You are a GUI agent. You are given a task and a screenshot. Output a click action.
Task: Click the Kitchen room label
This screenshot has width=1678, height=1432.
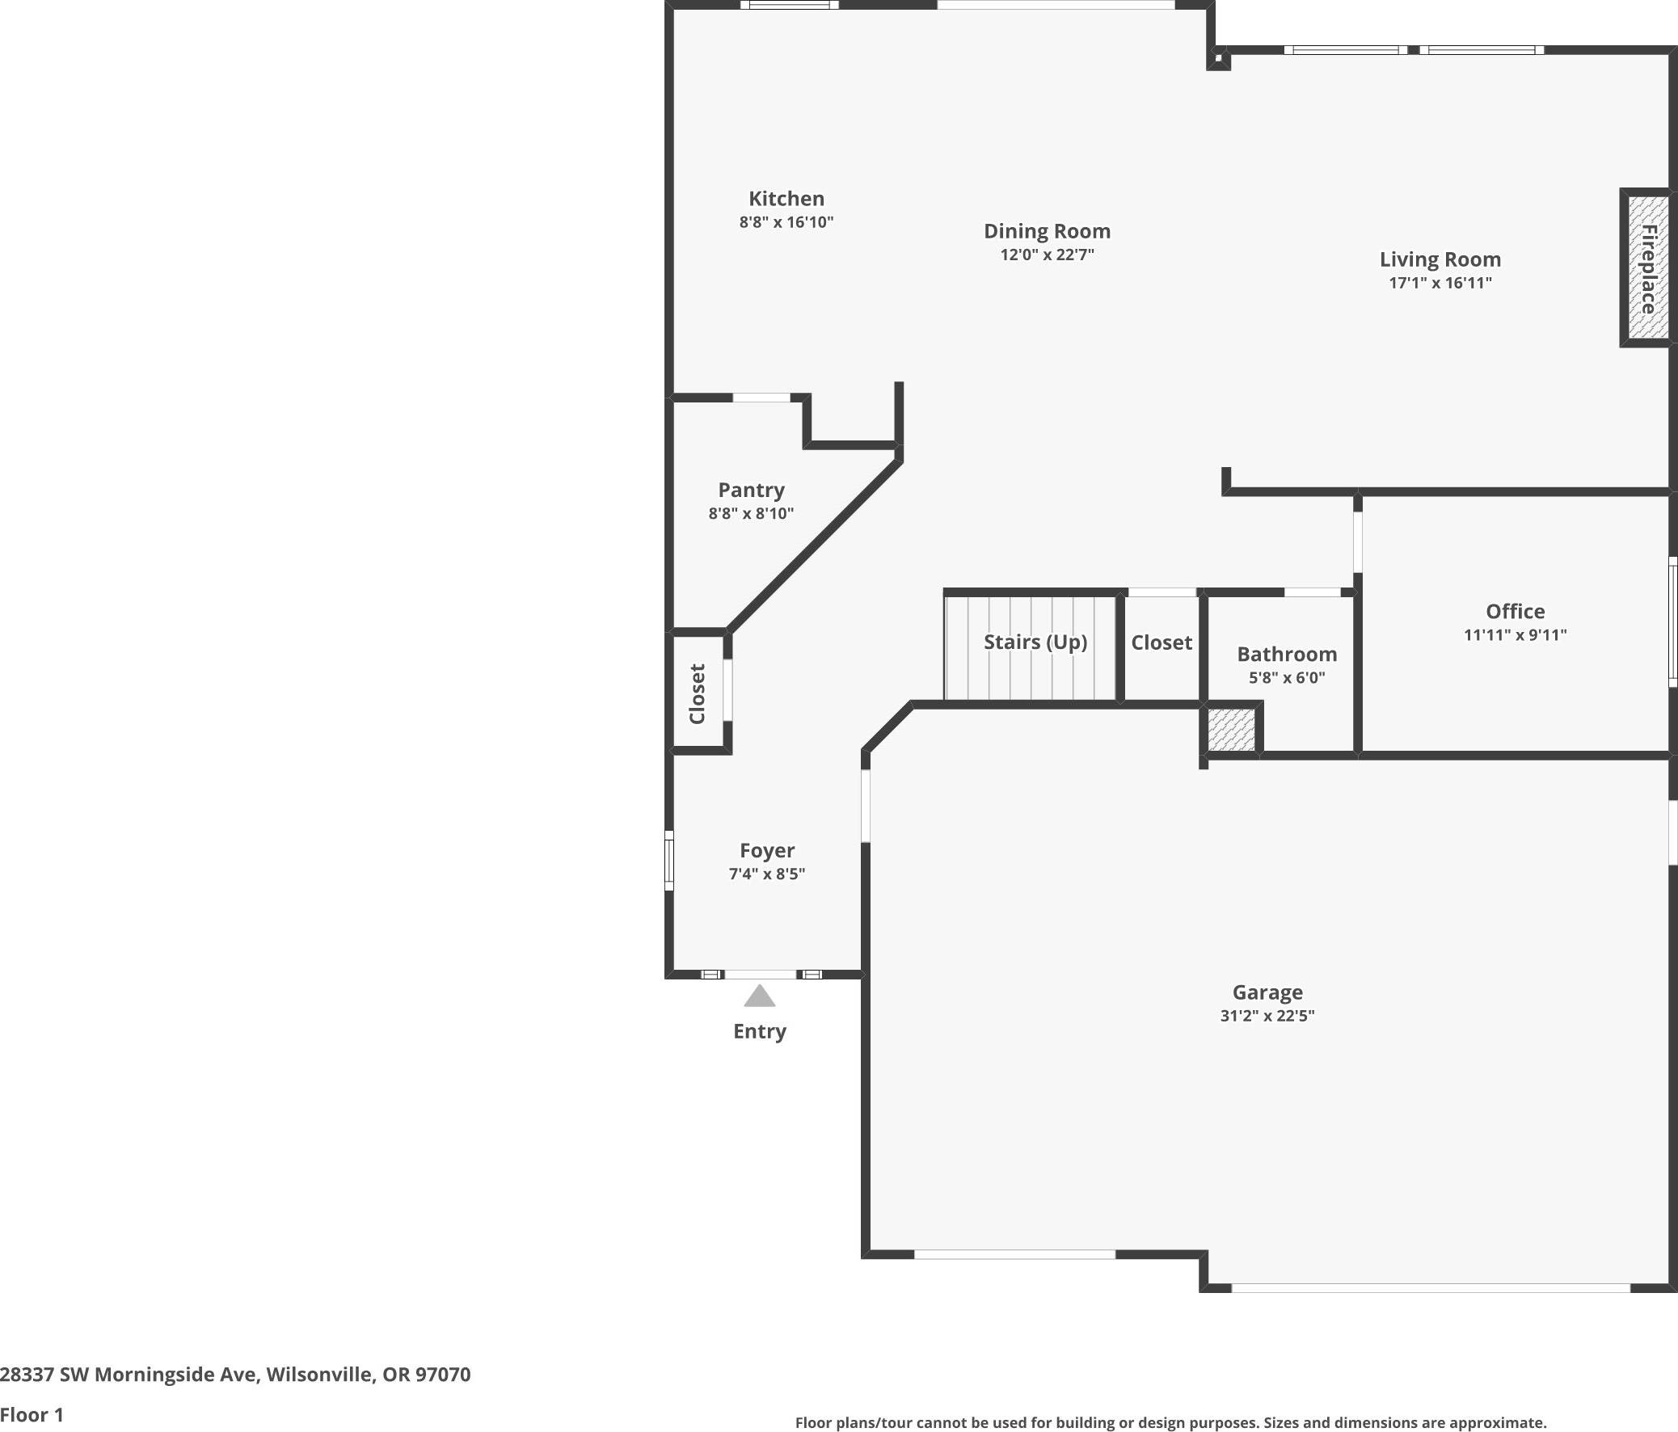click(x=786, y=198)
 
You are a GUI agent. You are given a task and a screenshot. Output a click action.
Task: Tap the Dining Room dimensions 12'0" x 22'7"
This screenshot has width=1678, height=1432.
click(x=1046, y=255)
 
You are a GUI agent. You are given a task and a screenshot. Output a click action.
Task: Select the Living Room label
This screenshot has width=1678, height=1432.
click(x=1440, y=259)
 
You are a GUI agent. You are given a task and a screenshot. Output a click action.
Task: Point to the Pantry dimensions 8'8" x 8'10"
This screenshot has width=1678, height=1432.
click(x=751, y=513)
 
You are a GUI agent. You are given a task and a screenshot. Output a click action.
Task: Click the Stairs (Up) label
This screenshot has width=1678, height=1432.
click(x=1035, y=642)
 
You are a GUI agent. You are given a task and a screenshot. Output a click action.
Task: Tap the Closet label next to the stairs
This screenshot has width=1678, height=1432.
click(x=1162, y=642)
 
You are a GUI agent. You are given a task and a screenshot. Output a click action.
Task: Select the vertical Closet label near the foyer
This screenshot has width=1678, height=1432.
click(x=698, y=693)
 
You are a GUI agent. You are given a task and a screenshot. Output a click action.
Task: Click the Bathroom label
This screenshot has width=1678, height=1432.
click(x=1286, y=654)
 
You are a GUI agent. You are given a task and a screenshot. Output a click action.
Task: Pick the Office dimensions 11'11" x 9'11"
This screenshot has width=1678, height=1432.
click(x=1515, y=634)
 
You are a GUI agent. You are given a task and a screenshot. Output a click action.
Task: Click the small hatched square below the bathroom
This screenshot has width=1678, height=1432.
click(x=1231, y=730)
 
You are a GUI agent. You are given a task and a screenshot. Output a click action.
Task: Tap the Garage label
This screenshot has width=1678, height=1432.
click(x=1267, y=992)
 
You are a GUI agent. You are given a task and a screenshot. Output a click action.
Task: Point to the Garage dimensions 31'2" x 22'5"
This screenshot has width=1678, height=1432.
click(x=1267, y=1016)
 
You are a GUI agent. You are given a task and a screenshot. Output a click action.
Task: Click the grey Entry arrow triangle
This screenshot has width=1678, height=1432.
click(x=759, y=997)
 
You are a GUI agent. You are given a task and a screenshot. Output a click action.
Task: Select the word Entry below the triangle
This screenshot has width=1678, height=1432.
click(x=759, y=1031)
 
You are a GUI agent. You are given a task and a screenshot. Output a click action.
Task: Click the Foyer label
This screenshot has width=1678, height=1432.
click(x=766, y=850)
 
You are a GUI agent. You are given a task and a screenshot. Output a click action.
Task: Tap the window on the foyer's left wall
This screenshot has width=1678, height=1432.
click(x=669, y=860)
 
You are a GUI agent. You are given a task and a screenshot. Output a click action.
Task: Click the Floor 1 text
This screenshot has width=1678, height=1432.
click(x=32, y=1414)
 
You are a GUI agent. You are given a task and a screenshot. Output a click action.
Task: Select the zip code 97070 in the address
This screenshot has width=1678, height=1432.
click(x=442, y=1374)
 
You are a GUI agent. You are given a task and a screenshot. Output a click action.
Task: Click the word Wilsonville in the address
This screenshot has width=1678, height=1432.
click(x=319, y=1374)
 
